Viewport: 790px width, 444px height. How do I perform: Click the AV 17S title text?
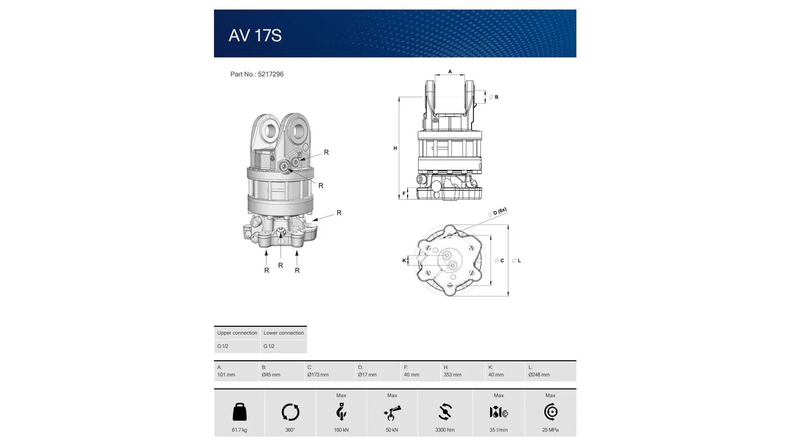[x=255, y=35]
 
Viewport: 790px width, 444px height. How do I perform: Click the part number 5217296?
[x=270, y=74]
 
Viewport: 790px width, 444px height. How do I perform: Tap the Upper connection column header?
[x=237, y=333]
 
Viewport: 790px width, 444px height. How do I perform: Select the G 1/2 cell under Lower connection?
[x=269, y=346]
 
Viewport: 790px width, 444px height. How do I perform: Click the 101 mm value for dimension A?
[x=226, y=375]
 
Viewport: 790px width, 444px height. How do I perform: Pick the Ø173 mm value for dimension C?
[x=318, y=375]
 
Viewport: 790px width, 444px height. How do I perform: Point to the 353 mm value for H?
[x=452, y=375]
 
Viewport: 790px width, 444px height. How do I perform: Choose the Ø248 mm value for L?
[x=539, y=375]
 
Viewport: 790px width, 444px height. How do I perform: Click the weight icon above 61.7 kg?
[x=239, y=412]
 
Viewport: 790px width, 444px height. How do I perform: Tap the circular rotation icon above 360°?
[x=290, y=412]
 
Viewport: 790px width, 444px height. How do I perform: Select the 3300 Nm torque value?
[x=445, y=430]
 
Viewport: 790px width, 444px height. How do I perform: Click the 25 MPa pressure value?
[x=550, y=430]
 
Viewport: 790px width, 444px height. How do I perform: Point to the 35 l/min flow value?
[x=498, y=430]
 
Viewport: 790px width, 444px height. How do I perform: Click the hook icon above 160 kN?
[x=341, y=412]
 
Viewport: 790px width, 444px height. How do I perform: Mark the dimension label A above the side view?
[x=450, y=72]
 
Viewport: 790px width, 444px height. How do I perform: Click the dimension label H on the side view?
[x=395, y=148]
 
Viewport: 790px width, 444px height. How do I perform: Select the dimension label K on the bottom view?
[x=404, y=261]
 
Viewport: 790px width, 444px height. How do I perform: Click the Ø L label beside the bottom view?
[x=517, y=261]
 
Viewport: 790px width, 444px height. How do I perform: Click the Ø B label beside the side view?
[x=494, y=97]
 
